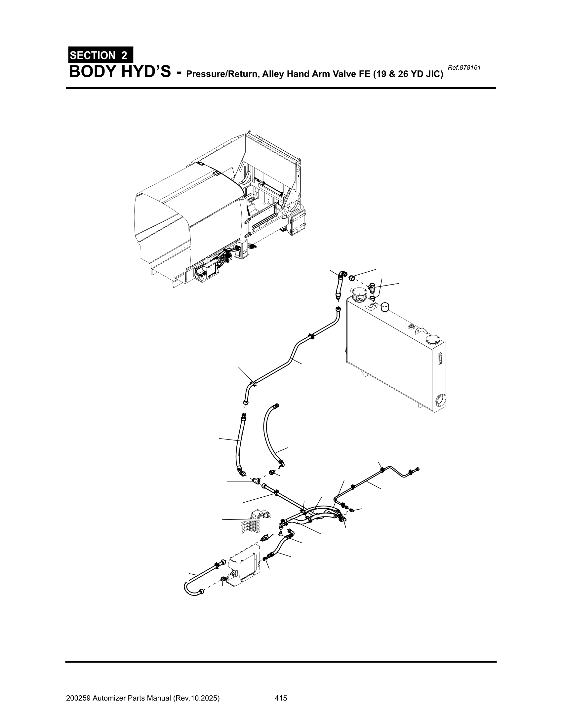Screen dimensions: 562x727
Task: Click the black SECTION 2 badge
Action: (x=100, y=55)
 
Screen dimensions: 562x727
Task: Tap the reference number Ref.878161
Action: (x=464, y=68)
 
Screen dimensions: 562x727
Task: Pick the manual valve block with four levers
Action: (x=255, y=522)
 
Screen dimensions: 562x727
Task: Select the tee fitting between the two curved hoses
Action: (x=256, y=481)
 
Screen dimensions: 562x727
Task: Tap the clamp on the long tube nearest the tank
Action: (x=312, y=337)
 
